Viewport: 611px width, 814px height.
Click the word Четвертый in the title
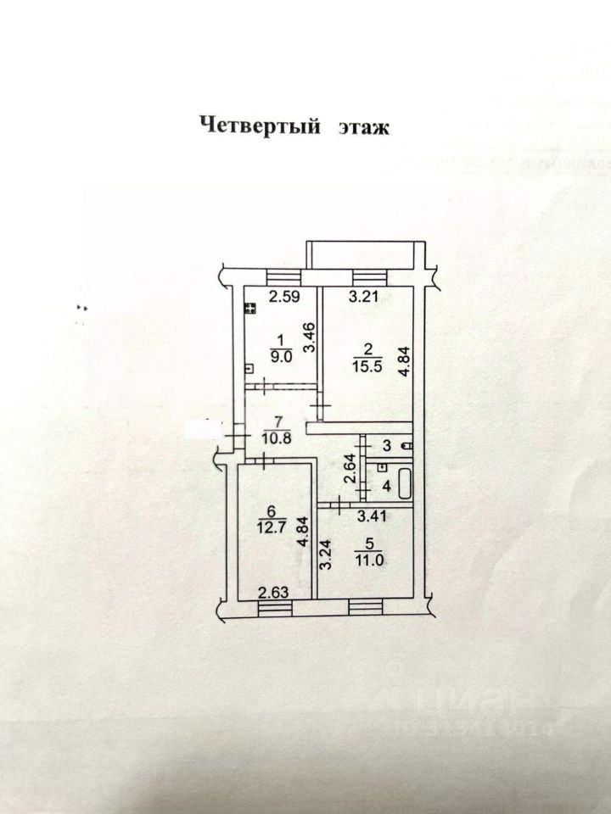(x=261, y=125)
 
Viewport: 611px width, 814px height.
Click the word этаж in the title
(x=364, y=127)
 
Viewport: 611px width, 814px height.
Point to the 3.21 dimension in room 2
(x=362, y=298)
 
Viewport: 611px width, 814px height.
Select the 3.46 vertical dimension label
(x=311, y=338)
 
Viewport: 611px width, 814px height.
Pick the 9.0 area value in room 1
(x=281, y=357)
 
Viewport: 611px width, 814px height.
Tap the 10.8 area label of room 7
(x=277, y=438)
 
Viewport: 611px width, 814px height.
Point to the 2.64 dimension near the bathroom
(x=351, y=469)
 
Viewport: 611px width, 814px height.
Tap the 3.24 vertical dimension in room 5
(x=325, y=556)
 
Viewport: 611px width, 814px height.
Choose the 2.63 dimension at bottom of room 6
(x=274, y=593)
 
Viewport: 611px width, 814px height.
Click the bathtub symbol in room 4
(x=404, y=484)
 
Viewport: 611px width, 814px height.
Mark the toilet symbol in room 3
(x=408, y=445)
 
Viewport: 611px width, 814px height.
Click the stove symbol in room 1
(x=250, y=309)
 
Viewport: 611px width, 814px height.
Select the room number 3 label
(x=386, y=445)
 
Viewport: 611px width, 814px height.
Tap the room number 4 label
(x=386, y=487)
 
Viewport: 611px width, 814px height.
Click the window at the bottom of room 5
(x=365, y=607)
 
